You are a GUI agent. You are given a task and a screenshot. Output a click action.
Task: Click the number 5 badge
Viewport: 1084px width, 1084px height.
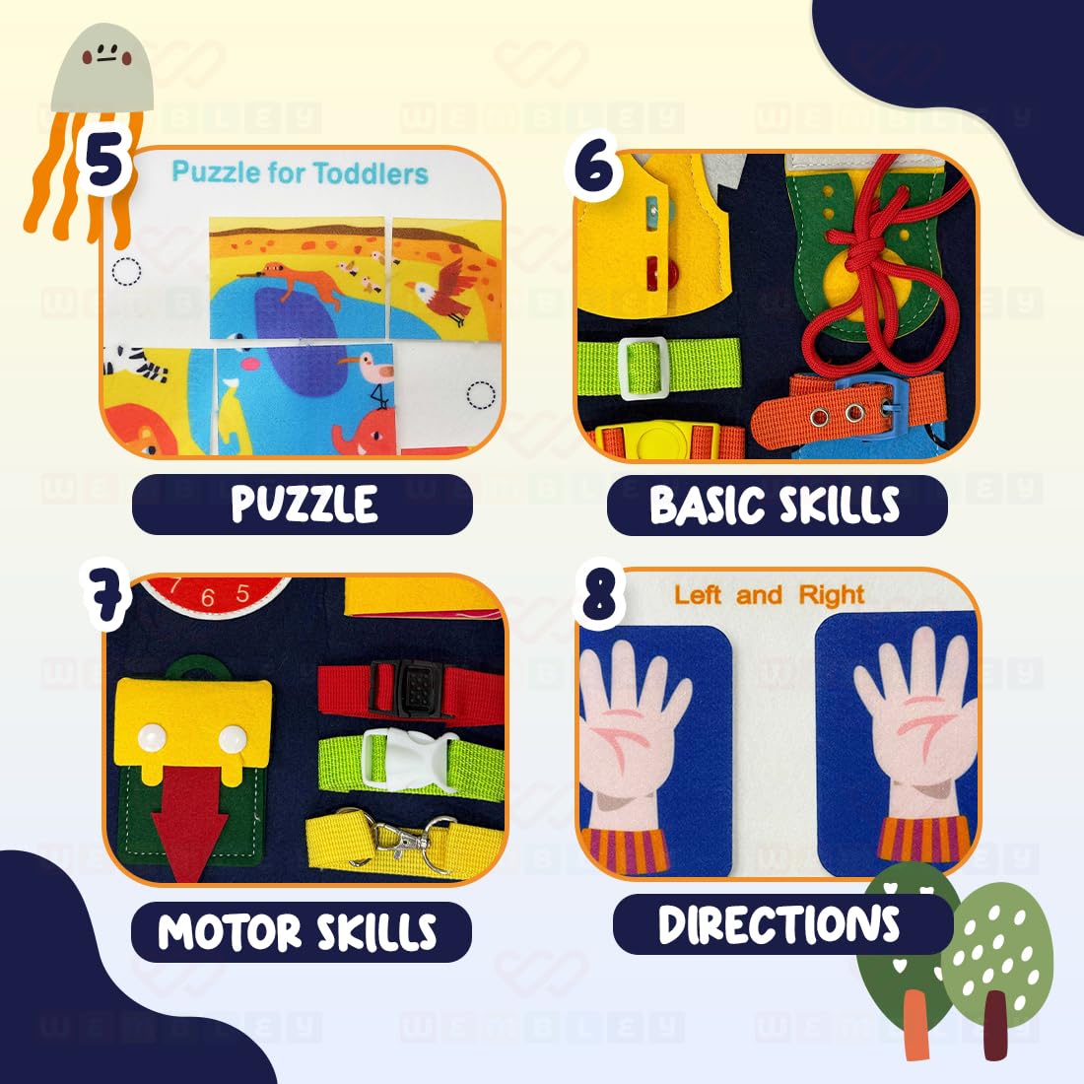pos(104,162)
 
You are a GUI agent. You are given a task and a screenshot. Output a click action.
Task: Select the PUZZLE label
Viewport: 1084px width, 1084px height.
pos(303,505)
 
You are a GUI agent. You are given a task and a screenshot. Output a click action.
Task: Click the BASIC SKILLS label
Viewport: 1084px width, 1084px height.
pos(777,506)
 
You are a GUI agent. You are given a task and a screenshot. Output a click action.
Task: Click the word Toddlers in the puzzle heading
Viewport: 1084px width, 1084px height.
pos(372,174)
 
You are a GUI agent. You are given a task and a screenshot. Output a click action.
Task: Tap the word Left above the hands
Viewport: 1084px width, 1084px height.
pos(698,595)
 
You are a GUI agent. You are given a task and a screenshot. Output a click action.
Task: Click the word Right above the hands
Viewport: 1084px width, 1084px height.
pos(832,595)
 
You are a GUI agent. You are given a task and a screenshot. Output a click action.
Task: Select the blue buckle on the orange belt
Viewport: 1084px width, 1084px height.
pos(882,404)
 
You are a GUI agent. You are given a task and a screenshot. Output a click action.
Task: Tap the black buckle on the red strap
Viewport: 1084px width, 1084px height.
pos(409,687)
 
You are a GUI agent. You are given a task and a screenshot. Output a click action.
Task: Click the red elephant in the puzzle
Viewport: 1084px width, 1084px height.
pos(364,434)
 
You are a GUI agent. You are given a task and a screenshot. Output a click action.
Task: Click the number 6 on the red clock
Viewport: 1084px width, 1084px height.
pos(207,598)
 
